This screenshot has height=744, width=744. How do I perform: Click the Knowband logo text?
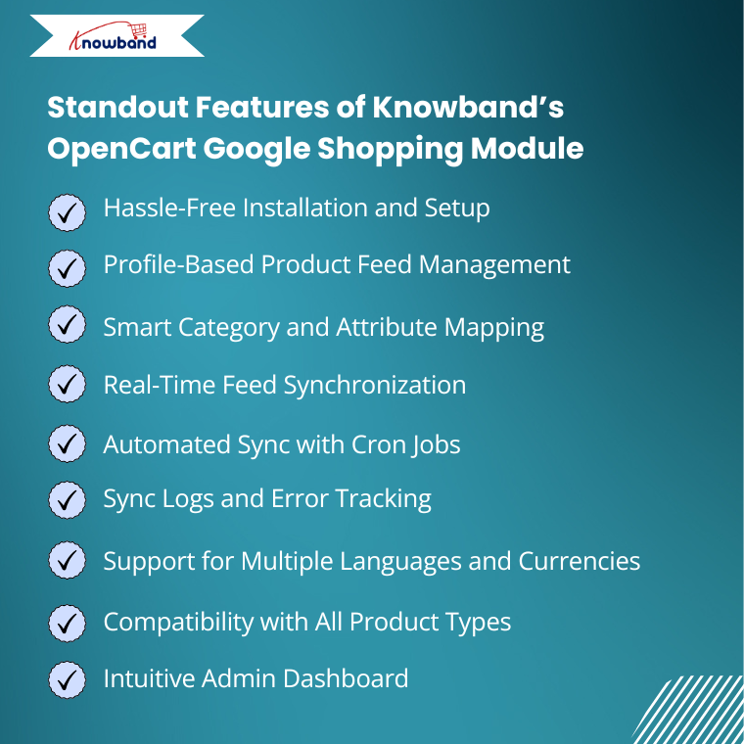click(x=113, y=42)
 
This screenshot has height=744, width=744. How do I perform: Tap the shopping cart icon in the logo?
click(x=139, y=30)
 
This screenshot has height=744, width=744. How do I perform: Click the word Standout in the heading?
click(x=118, y=107)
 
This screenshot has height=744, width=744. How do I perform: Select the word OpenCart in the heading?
click(x=121, y=148)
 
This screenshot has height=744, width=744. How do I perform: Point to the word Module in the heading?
click(x=527, y=148)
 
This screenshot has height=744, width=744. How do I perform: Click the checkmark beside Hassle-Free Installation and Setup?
click(x=67, y=212)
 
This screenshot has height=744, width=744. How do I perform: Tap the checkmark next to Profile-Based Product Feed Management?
click(x=67, y=268)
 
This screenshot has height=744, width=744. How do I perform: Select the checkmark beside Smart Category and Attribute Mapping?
click(x=67, y=325)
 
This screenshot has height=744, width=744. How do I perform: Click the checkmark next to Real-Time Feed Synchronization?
click(x=67, y=384)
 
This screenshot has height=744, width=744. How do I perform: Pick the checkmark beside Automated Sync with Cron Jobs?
click(x=67, y=443)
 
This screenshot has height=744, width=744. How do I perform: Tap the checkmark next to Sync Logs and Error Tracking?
click(x=67, y=499)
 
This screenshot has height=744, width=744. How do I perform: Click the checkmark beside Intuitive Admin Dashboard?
click(x=67, y=680)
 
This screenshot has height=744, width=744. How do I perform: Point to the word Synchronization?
click(x=375, y=386)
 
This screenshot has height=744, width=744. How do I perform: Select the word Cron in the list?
click(x=378, y=444)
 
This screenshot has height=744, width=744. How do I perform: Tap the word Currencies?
click(x=580, y=561)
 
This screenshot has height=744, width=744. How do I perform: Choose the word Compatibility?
click(x=178, y=622)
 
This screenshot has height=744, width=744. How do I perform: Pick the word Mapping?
click(x=494, y=328)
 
